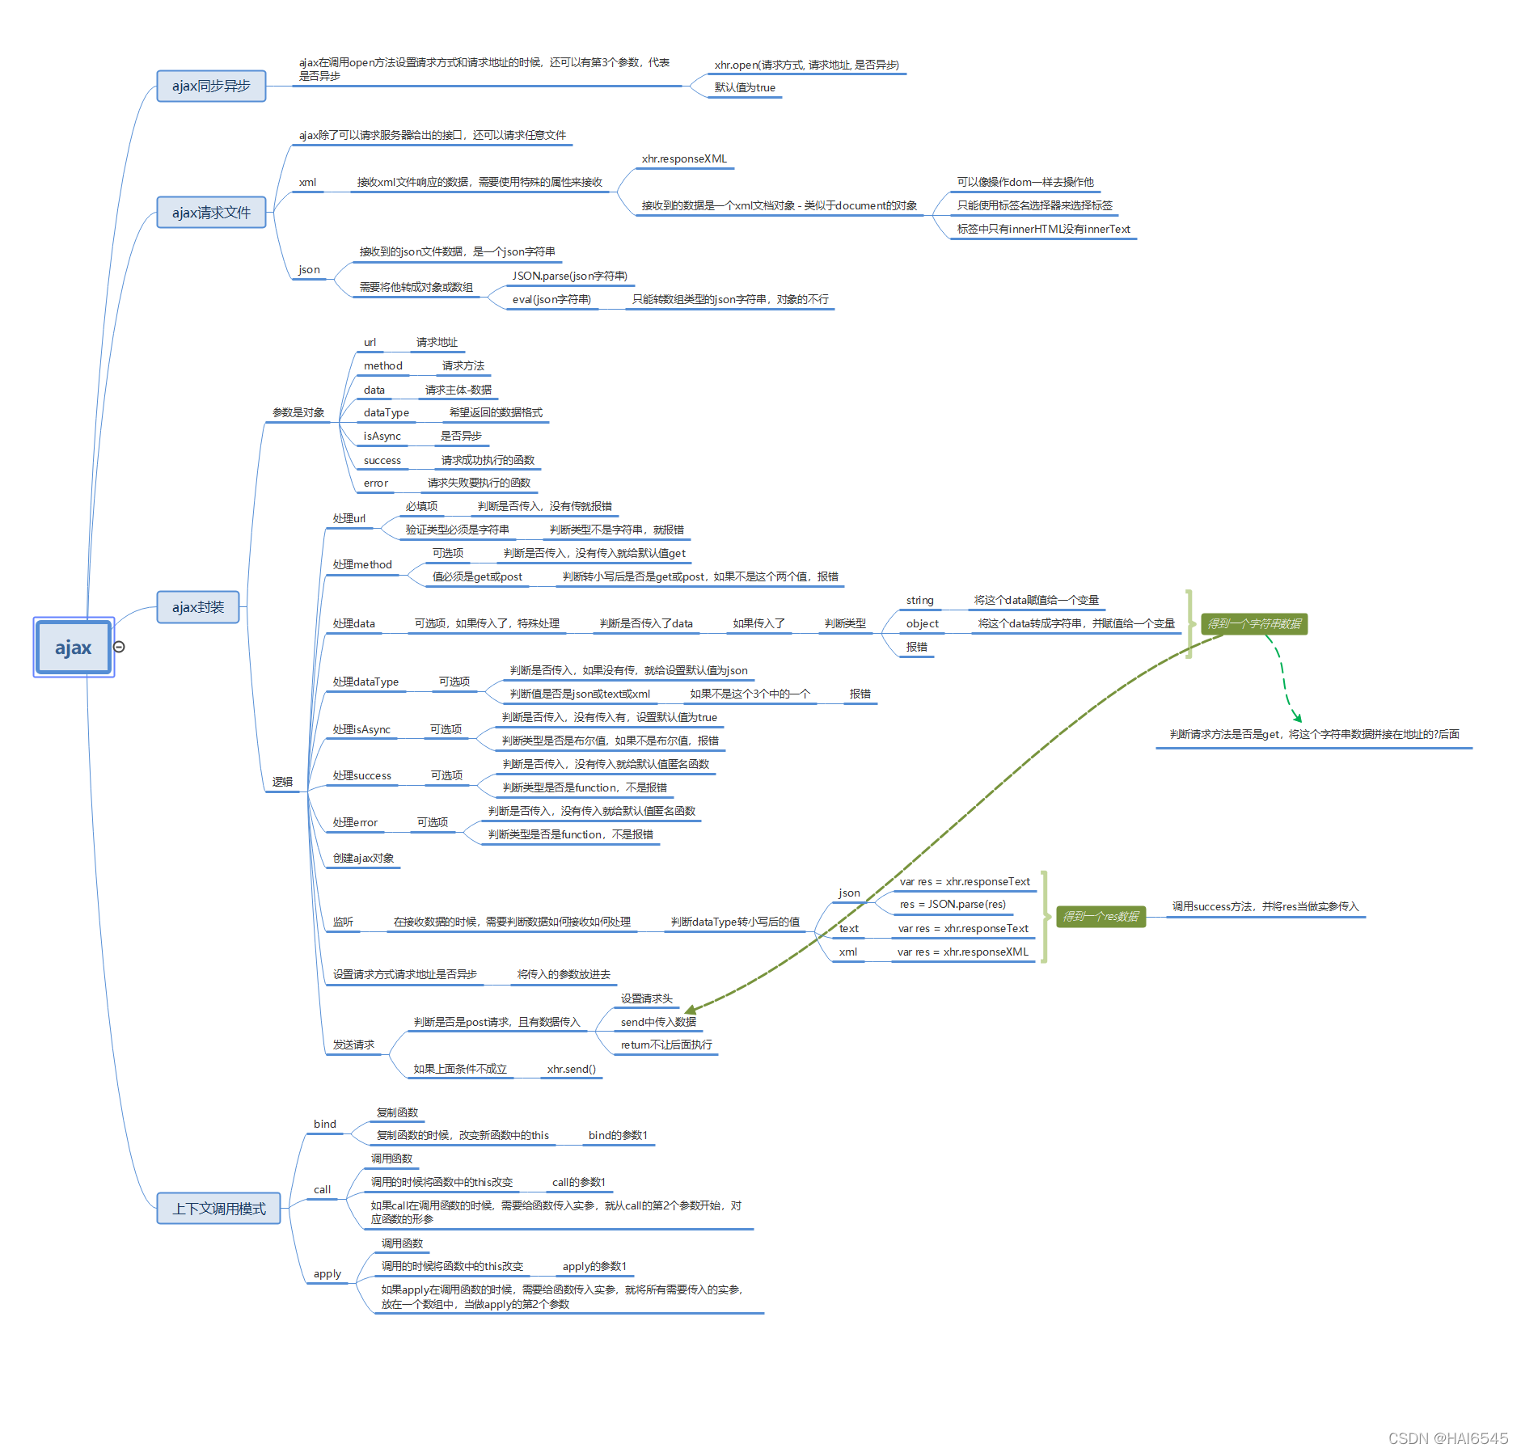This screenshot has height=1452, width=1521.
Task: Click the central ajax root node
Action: pos(73,648)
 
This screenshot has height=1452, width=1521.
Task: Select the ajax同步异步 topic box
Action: pos(211,86)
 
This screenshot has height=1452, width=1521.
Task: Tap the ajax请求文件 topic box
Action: pos(211,213)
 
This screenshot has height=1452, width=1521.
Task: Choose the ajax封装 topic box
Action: pos(198,607)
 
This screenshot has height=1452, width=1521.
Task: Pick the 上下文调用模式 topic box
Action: pos(218,1209)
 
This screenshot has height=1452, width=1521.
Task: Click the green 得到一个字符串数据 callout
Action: pos(1254,624)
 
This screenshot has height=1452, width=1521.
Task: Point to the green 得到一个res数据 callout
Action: pos(1101,917)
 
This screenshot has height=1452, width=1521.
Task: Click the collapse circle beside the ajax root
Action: pos(119,647)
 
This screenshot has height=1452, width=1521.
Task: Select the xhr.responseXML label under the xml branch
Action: pos(684,159)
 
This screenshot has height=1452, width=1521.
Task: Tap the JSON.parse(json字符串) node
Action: pos(570,276)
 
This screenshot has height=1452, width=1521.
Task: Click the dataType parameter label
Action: pos(386,413)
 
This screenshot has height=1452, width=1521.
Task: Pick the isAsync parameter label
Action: pos(382,437)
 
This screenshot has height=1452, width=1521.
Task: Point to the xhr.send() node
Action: pos(571,1070)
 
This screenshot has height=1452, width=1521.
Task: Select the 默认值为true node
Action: pos(745,88)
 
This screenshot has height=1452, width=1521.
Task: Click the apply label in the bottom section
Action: pos(327,1274)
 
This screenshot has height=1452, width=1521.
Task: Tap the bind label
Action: pos(324,1125)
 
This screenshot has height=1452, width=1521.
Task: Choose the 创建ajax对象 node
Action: pos(363,859)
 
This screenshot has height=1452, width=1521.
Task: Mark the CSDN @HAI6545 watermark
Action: pos(1447,1438)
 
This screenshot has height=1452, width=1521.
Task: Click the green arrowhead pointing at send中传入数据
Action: pos(691,1010)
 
